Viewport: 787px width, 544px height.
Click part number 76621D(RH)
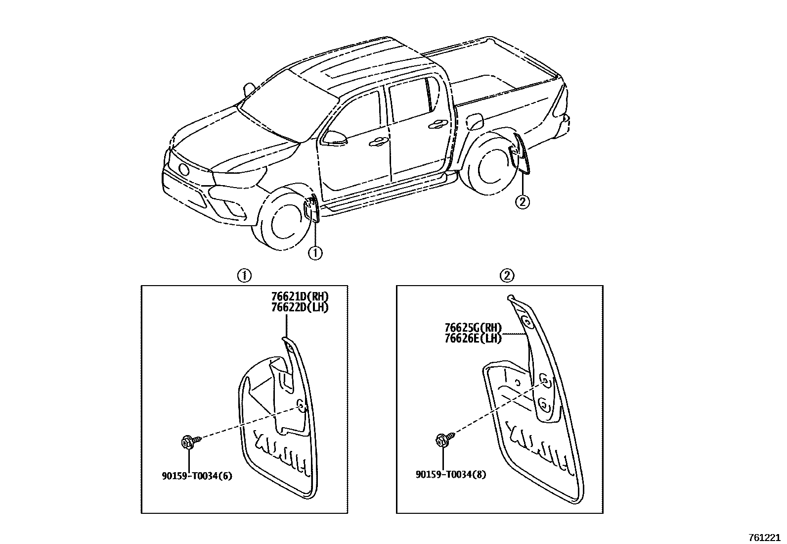[300, 297]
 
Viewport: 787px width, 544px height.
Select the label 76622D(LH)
[300, 307]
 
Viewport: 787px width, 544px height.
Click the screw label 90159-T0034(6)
[197, 476]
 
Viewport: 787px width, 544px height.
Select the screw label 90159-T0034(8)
[451, 475]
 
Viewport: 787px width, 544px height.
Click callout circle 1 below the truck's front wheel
[315, 253]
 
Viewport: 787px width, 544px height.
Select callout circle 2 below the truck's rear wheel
[523, 202]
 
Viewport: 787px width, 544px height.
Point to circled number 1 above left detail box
[244, 276]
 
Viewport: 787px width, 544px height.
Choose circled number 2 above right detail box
[508, 276]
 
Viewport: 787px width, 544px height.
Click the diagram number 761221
[765, 537]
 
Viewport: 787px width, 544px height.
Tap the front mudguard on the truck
[312, 208]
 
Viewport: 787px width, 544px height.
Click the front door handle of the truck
[379, 142]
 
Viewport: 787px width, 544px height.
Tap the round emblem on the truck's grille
[184, 169]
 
